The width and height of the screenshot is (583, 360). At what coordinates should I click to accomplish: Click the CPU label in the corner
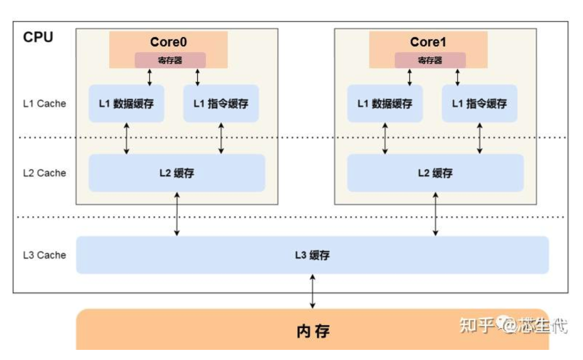coord(38,37)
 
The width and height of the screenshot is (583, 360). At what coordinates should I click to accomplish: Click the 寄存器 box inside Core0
coord(170,60)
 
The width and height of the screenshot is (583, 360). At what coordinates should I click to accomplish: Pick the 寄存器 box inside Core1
coord(430,60)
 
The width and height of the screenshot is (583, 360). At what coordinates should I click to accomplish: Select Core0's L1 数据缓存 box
coord(126,104)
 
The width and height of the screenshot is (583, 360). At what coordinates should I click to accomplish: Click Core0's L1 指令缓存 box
coord(221,104)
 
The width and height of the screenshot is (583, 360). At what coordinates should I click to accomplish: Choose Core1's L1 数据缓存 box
coord(385,104)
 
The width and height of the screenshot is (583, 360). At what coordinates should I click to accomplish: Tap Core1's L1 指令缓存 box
coord(480,104)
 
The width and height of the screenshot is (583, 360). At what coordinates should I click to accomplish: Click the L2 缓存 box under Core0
coord(177,173)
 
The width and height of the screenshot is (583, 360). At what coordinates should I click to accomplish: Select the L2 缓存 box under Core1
coord(435,173)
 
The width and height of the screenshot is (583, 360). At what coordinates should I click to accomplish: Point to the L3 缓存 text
coord(312,255)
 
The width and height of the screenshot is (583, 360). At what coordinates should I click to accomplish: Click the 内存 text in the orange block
coord(313,331)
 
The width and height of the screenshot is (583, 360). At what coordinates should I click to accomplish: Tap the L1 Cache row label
coord(44,104)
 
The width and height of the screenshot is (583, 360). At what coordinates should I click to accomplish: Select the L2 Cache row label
coord(44,173)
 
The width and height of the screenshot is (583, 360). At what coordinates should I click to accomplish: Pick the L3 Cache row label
coord(44,255)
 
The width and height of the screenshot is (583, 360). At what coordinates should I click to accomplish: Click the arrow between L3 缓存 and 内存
coord(313,291)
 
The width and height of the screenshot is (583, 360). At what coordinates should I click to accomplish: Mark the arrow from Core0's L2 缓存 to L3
coord(177,214)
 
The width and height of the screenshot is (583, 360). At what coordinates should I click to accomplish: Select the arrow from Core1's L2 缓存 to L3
coord(435,214)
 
